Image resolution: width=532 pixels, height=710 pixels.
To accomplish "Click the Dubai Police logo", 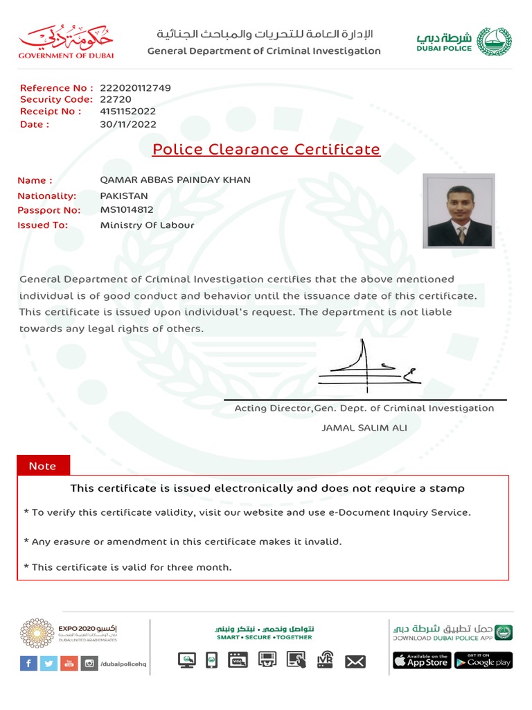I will pos(463,41).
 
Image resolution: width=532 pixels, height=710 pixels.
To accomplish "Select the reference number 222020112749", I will pos(135,88).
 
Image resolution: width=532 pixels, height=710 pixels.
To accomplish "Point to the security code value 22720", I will pos(114,99).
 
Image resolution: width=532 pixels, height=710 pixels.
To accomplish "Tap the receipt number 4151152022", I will pos(128,111).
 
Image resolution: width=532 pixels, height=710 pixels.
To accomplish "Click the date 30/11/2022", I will pos(128,125).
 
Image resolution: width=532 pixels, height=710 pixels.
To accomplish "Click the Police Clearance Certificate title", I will pos(266,149).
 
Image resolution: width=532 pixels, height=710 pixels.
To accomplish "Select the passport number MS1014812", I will pos(127,210).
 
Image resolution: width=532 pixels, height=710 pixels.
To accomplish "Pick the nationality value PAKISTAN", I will pos(124,196).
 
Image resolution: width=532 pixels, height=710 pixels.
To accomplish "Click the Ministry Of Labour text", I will pos(147,225).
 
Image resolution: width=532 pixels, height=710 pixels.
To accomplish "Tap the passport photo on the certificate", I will pos(459,211).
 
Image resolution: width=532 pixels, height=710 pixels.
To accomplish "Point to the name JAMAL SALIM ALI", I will pos(364,428).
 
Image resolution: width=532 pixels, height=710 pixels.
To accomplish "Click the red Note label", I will pos(42,466).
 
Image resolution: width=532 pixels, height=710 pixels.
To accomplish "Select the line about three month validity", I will pos(127,567).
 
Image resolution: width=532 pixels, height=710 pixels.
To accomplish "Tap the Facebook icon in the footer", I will pos(28,664).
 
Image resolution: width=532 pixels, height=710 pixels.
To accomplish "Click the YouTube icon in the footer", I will pos(69,664).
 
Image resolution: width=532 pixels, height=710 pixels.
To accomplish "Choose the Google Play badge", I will pos(484,661).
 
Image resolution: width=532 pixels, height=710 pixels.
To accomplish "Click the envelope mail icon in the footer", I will pos(355,662).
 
